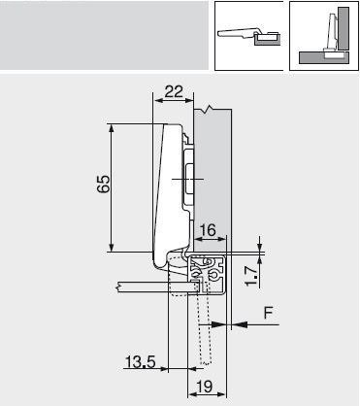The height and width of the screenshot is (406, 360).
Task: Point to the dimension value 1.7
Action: pos(250,276)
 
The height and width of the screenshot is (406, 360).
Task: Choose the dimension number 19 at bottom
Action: pos(202,388)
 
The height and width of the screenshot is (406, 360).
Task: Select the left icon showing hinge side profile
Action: pos(248,35)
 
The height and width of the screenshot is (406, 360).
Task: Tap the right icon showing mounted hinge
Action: pos(324,35)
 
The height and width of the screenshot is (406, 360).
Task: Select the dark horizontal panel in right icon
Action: pos(312,55)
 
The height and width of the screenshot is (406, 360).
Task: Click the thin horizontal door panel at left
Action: pos(141,288)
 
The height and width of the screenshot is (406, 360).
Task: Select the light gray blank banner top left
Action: pos(102,35)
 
